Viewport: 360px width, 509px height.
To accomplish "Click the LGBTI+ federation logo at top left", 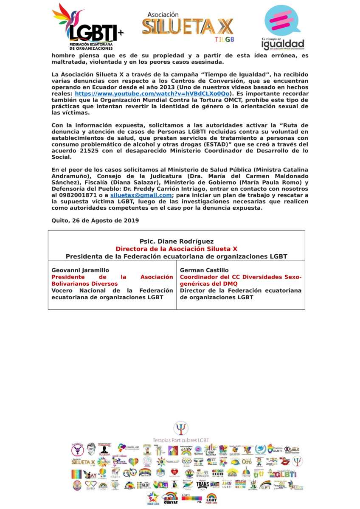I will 87,26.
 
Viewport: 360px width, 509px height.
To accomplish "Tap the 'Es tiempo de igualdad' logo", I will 283,27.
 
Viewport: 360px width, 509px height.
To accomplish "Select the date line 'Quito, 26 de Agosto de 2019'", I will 95,220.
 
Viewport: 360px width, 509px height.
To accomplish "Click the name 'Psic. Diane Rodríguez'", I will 176,241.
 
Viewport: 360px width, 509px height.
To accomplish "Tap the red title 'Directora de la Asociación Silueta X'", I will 176,249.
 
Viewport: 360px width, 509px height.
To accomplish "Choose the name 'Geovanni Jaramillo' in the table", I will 80,270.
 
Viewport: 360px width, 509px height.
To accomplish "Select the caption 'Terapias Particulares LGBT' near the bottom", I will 180,440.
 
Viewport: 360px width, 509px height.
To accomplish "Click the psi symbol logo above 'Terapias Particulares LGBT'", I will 181,428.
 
